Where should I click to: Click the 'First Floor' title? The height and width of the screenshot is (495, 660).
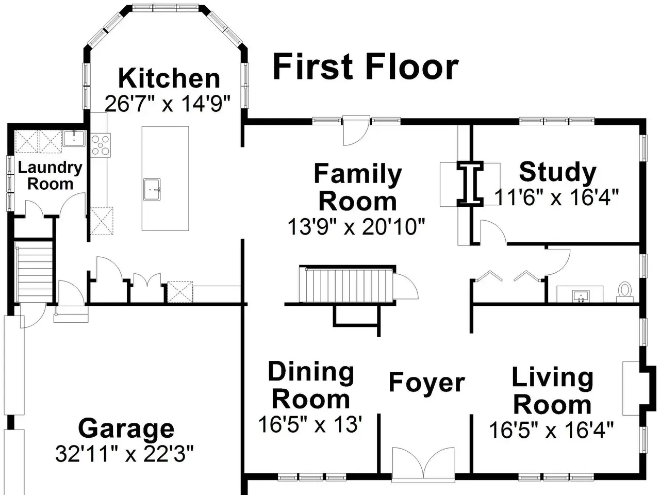[x=366, y=67]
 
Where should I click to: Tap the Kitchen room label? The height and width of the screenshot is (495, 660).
[x=169, y=78]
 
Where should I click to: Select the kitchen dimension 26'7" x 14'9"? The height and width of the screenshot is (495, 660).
[x=168, y=104]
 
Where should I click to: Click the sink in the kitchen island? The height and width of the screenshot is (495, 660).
[x=152, y=189]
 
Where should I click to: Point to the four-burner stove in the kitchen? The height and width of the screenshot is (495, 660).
[x=101, y=145]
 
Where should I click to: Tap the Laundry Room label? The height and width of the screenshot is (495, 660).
[x=50, y=175]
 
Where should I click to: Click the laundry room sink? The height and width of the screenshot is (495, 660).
[x=74, y=139]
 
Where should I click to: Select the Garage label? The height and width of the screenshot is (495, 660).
[x=126, y=429]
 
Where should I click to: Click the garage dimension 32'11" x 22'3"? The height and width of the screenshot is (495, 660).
[x=124, y=454]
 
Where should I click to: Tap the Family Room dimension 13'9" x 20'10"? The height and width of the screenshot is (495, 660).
[x=356, y=226]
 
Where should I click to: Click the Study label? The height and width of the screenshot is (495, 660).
[x=558, y=172]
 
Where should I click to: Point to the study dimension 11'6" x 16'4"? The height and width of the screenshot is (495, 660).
[x=556, y=197]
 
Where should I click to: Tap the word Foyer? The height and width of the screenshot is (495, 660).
[x=426, y=382]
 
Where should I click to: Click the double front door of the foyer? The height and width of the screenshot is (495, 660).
[x=423, y=465]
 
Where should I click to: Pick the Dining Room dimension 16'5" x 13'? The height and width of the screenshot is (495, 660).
[x=310, y=424]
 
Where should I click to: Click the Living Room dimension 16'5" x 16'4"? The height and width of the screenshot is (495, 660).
[x=551, y=430]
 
